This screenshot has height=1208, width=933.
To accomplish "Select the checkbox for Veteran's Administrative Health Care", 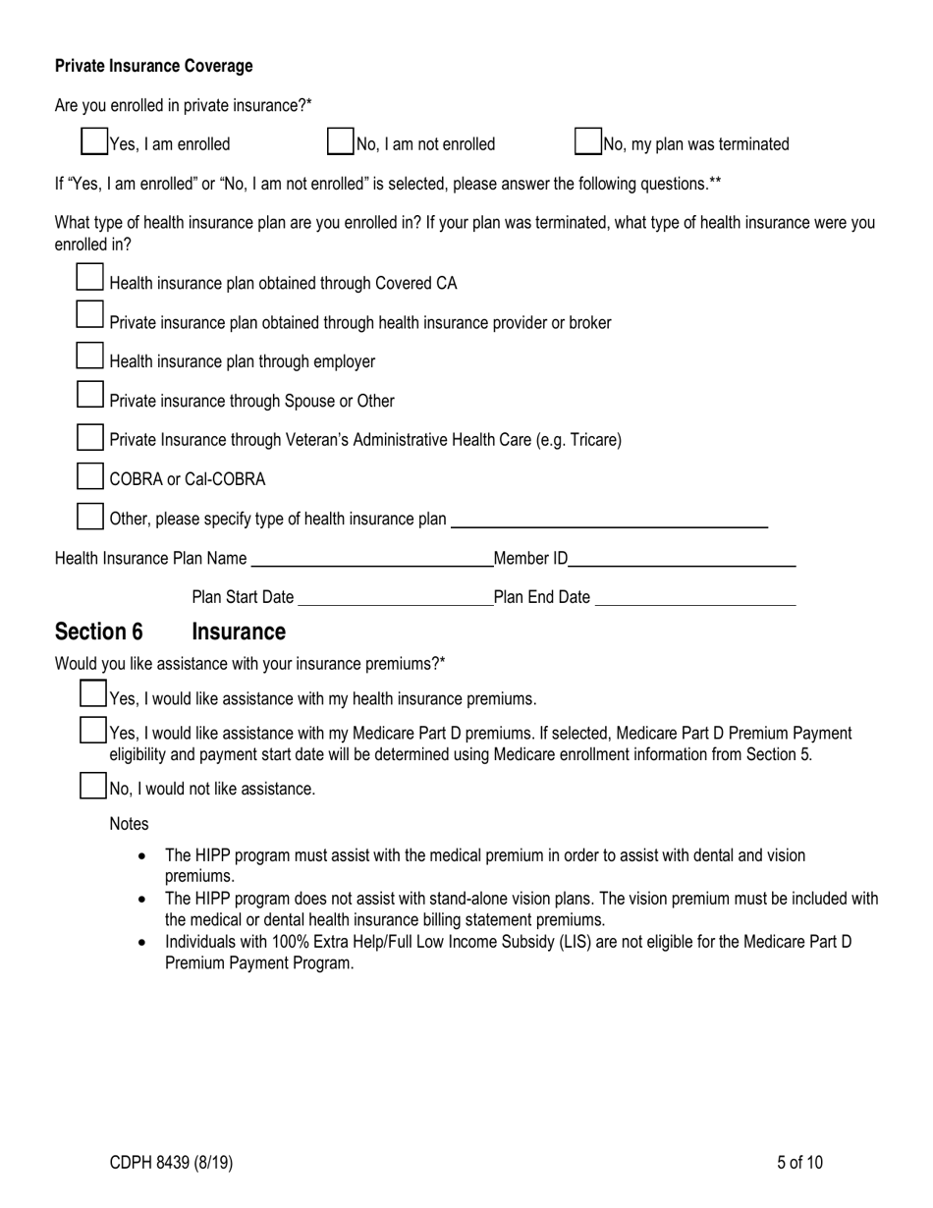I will pyautogui.click(x=89, y=436).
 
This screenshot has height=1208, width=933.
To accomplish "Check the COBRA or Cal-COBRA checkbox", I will pyautogui.click(x=89, y=476).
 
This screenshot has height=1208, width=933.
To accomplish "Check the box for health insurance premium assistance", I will pyautogui.click(x=93, y=694).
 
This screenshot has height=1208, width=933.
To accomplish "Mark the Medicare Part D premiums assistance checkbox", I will pyautogui.click(x=93, y=731).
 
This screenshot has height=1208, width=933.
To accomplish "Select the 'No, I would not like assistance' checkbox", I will pyautogui.click(x=93, y=786).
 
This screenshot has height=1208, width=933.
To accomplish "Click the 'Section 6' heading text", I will pyautogui.click(x=99, y=631).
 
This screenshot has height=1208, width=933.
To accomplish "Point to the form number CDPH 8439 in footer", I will pyautogui.click(x=171, y=1163).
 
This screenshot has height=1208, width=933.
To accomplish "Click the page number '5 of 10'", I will pyautogui.click(x=799, y=1163).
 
